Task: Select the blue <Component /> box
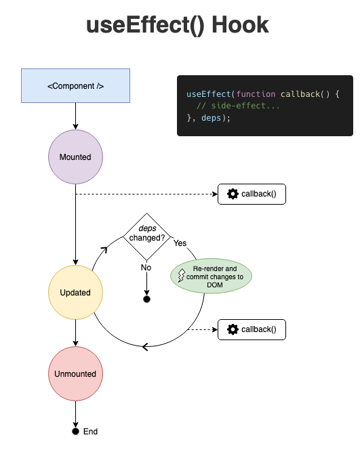pyautogui.click(x=75, y=86)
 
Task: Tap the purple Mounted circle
pyautogui.click(x=75, y=157)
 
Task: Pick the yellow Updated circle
pyautogui.click(x=75, y=293)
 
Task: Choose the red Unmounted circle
pyautogui.click(x=75, y=374)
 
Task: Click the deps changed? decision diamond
pyautogui.click(x=146, y=234)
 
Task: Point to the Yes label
pyautogui.click(x=180, y=243)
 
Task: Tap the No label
pyautogui.click(x=146, y=268)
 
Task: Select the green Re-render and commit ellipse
pyautogui.click(x=211, y=276)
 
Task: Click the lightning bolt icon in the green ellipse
pyautogui.click(x=181, y=276)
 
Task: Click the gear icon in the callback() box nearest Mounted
pyautogui.click(x=233, y=194)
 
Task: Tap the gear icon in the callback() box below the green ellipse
pyautogui.click(x=233, y=330)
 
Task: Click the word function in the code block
pyautogui.click(x=256, y=94)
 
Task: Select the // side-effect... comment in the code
pyautogui.click(x=238, y=106)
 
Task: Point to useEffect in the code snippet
pyautogui.click(x=208, y=94)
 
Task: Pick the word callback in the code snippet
pyautogui.click(x=300, y=94)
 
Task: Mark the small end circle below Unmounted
pyautogui.click(x=75, y=431)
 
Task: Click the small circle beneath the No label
pyautogui.click(x=146, y=299)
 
